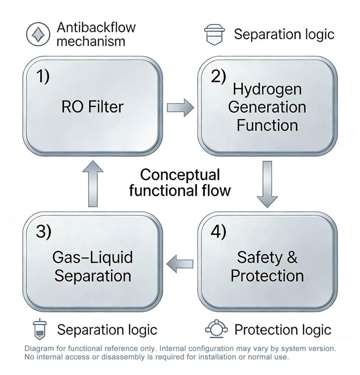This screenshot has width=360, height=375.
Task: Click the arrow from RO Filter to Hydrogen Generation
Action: coord(180,107)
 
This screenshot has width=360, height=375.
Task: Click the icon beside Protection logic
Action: coord(214,329)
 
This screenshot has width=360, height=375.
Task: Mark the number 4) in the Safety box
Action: coord(218,233)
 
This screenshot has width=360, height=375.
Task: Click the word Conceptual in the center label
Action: coord(180,175)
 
